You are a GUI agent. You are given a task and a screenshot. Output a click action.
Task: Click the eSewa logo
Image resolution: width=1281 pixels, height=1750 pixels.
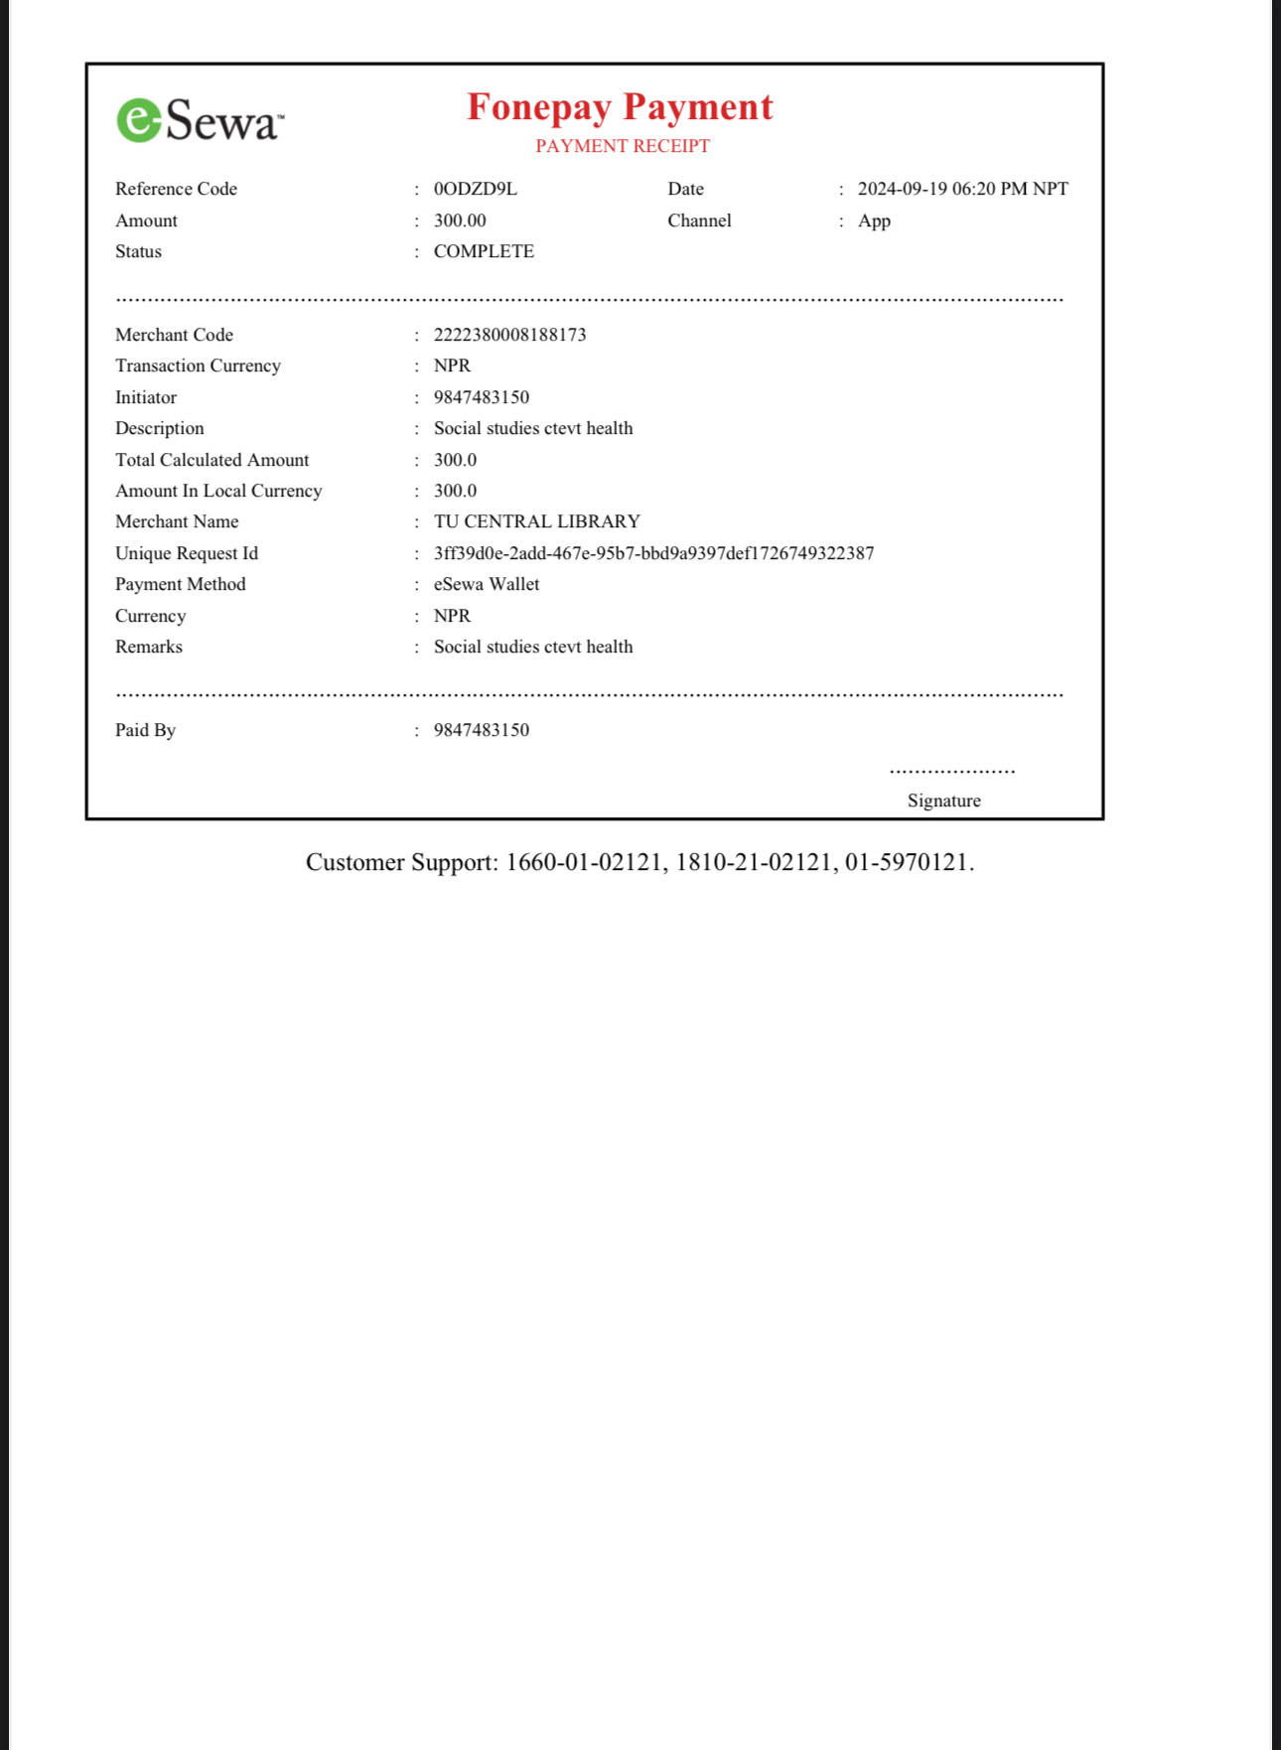click(200, 121)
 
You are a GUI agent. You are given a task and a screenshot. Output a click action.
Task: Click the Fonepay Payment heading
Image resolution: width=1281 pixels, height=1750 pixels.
click(620, 107)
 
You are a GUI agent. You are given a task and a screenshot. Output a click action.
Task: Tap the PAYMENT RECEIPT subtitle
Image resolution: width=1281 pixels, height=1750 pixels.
click(623, 146)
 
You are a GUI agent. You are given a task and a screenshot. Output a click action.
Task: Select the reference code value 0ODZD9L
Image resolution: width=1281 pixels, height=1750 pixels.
click(475, 189)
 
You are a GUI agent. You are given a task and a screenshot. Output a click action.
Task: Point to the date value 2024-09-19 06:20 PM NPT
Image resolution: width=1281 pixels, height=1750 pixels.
click(962, 189)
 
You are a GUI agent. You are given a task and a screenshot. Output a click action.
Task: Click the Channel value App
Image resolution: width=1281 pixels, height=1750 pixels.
click(874, 220)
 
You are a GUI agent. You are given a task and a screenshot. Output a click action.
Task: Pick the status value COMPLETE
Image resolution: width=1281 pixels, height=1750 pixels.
click(484, 251)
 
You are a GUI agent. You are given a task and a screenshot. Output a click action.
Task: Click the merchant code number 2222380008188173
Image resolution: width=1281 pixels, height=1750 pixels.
click(509, 335)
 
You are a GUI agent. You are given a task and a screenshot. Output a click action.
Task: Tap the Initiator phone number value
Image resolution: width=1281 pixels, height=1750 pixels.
click(481, 397)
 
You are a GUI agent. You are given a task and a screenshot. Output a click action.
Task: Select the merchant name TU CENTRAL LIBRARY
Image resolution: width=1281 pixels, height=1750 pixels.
click(536, 521)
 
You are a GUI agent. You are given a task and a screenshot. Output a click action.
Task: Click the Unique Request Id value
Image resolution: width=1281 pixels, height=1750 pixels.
click(653, 553)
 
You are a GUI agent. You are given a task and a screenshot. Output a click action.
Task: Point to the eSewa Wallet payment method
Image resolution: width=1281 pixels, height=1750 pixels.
click(487, 584)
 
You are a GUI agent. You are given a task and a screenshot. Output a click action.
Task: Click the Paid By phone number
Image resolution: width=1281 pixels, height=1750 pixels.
click(481, 730)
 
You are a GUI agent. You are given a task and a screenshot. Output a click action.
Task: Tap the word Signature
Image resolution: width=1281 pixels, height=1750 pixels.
click(943, 801)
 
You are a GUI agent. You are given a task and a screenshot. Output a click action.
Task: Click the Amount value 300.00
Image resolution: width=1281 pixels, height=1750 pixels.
click(460, 220)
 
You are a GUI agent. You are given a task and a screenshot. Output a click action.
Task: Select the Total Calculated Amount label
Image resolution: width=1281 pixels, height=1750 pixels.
click(212, 460)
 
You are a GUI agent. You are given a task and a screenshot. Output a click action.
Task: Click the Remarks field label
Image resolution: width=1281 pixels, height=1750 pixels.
click(149, 647)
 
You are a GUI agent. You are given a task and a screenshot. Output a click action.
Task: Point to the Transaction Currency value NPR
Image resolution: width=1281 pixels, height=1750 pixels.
click(452, 365)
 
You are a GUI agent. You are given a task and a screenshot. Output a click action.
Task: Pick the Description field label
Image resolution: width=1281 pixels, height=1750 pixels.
click(160, 428)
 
